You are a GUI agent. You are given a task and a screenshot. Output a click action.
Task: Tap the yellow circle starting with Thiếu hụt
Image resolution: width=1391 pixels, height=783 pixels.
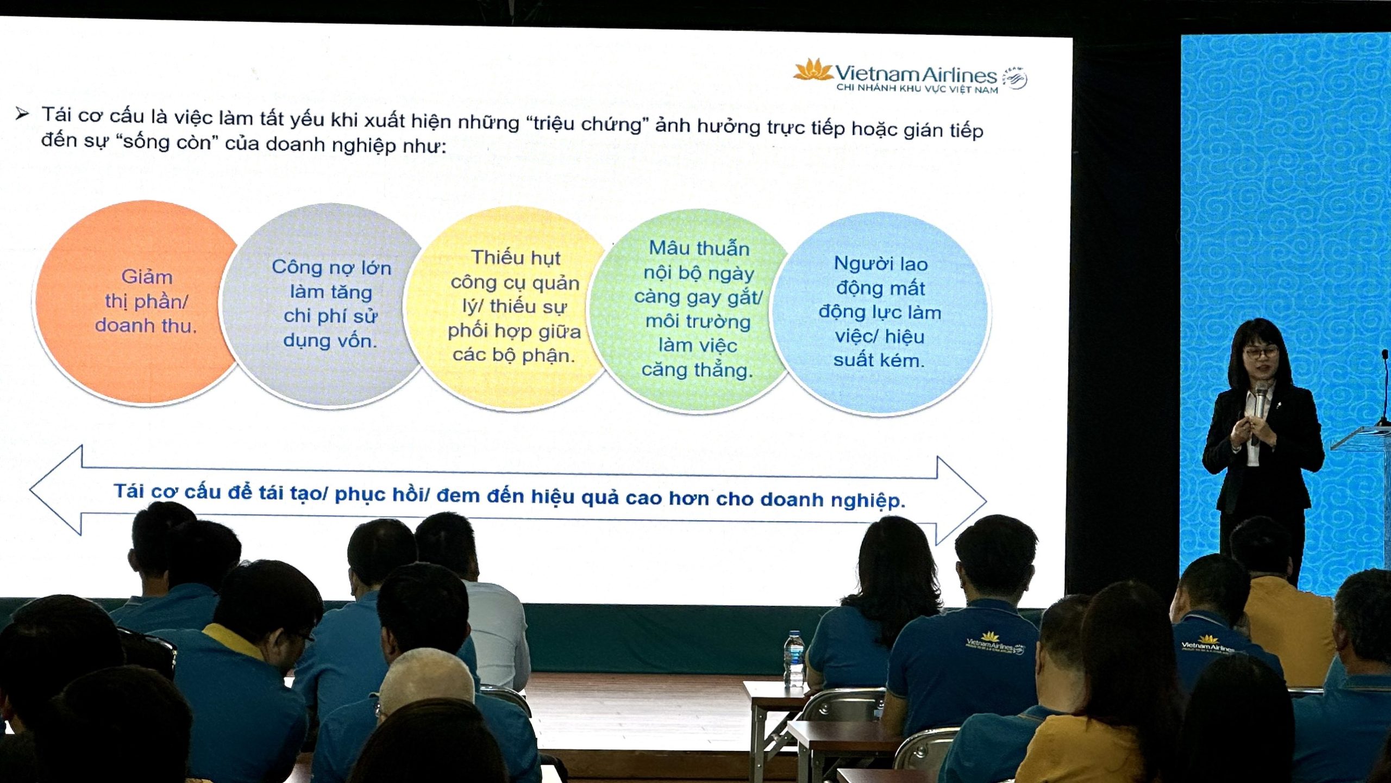pos(511,308)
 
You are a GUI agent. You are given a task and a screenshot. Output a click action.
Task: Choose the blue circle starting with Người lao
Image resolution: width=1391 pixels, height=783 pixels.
pos(880,313)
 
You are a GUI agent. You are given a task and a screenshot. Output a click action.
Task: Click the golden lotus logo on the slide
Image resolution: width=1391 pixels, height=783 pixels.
pos(813,70)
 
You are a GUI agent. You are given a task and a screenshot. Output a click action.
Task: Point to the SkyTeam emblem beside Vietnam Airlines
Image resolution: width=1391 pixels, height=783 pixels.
pos(1014,78)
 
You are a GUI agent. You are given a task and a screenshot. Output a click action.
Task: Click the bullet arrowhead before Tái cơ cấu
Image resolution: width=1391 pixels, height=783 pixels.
pos(22,114)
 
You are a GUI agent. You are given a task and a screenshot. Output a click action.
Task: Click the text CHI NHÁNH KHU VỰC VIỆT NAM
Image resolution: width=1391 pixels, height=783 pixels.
pos(917,89)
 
